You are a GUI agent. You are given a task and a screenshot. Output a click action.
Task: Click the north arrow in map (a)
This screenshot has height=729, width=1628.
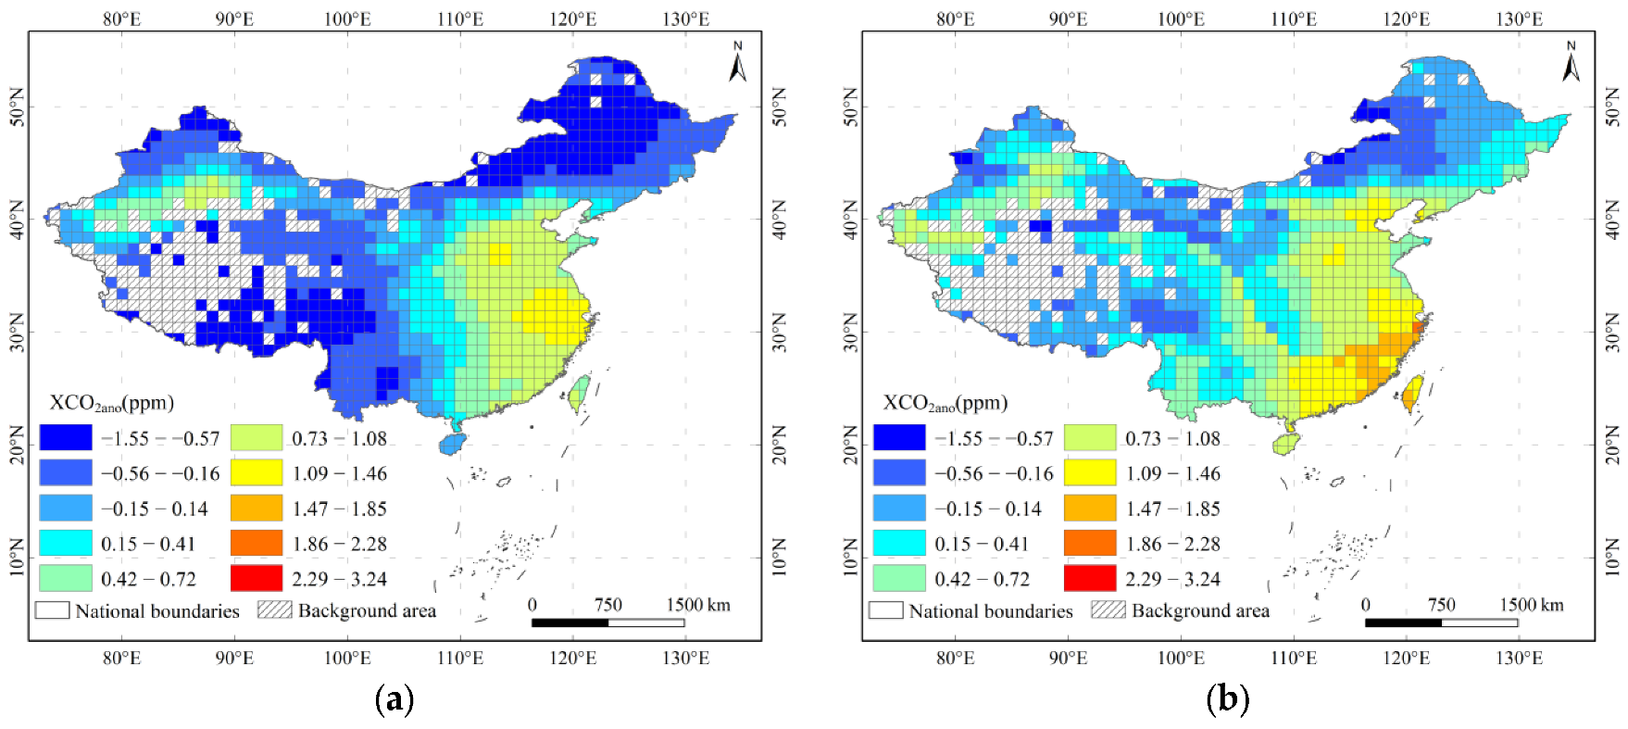[x=737, y=62]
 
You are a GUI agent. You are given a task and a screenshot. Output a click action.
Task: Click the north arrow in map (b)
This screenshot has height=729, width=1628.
[x=1571, y=62]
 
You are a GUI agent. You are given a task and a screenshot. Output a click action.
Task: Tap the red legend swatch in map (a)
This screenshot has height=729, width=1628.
[x=256, y=578]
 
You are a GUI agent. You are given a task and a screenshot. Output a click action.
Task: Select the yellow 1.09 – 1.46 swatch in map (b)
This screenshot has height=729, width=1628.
[x=1089, y=472]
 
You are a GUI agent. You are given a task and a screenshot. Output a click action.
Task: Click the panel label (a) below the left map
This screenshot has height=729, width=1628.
[x=394, y=698]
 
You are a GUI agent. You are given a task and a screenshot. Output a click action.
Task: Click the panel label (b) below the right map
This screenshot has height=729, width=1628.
[x=1227, y=698]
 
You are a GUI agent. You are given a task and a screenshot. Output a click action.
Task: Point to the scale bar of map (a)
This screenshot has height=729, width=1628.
[x=607, y=622]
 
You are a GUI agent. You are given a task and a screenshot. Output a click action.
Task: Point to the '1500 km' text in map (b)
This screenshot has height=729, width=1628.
[x=1532, y=605]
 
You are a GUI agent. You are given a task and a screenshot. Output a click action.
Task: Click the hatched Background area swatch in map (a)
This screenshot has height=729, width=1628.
[x=274, y=610]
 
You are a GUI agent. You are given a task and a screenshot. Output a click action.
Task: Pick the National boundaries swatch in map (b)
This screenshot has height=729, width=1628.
[x=885, y=610]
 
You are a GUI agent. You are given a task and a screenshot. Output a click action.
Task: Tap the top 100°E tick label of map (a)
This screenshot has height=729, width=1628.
[x=347, y=19]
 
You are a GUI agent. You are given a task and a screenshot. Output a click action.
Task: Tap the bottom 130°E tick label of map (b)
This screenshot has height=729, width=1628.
[x=1519, y=658]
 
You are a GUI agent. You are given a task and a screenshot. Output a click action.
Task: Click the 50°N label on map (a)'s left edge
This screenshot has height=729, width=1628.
[x=17, y=107]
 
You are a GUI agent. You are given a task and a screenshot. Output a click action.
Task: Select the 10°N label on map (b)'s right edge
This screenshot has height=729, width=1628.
[x=1612, y=558]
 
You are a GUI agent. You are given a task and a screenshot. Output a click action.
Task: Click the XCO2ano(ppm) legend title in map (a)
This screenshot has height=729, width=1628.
[x=111, y=403]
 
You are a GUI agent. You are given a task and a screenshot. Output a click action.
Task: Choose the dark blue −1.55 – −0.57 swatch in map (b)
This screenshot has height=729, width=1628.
[x=898, y=437]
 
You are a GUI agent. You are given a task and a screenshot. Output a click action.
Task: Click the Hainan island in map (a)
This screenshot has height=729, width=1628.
[x=451, y=443]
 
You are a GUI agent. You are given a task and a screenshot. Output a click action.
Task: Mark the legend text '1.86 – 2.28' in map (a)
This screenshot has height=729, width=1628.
[x=339, y=544]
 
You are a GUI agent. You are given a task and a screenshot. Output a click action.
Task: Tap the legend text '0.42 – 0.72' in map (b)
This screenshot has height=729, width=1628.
[x=982, y=579]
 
